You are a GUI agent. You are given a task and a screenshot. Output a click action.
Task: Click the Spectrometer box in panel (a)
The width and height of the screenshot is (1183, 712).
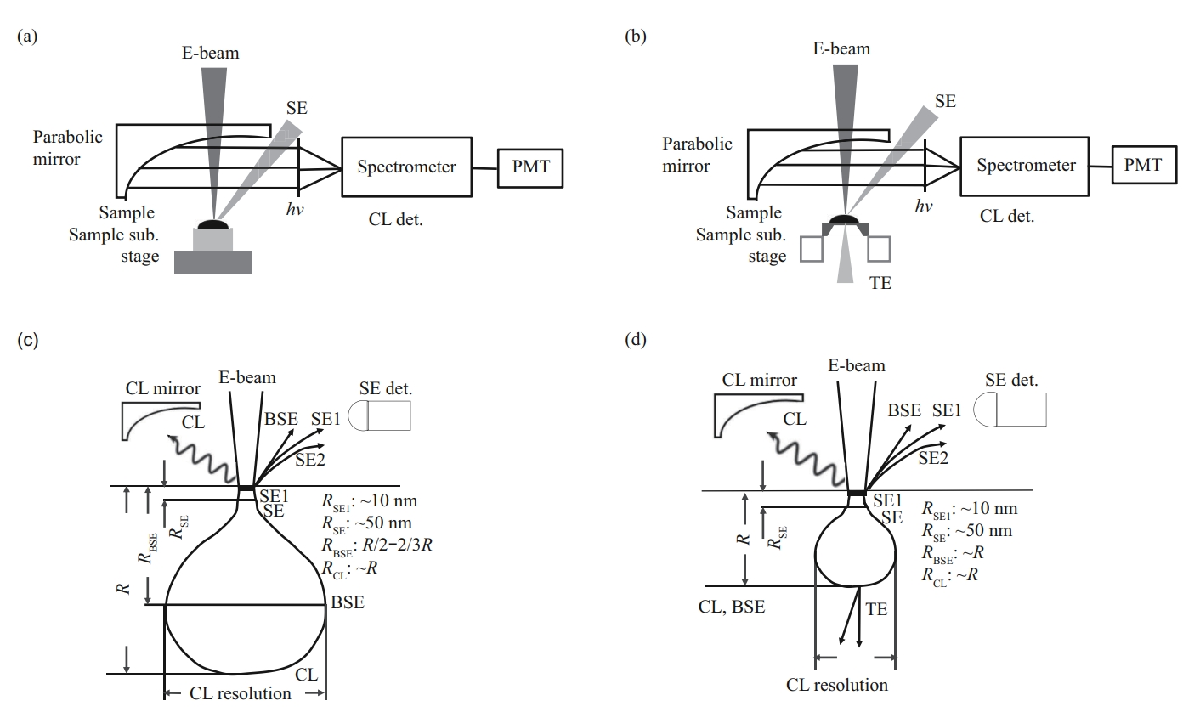406,167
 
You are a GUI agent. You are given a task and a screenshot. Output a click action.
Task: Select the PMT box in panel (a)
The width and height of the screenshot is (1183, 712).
530,167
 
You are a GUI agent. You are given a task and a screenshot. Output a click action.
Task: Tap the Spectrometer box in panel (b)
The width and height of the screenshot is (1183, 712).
1025,166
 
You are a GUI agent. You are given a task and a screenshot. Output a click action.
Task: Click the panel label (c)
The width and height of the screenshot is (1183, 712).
28,340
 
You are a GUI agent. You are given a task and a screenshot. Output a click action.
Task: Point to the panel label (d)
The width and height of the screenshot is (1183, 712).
636,340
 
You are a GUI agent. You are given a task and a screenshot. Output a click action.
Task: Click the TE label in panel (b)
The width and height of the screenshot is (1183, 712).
880,283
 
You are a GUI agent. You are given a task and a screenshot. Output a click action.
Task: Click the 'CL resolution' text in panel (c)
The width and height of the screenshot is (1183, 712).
241,693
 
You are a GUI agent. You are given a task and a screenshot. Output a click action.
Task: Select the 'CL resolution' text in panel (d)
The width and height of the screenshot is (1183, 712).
837,685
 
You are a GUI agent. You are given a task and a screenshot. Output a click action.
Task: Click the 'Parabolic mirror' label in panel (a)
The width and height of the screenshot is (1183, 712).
68,147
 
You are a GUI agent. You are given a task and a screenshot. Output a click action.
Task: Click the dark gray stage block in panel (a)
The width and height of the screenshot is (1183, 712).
213,263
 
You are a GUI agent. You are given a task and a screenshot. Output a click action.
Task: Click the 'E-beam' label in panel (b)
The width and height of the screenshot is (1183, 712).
841,48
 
